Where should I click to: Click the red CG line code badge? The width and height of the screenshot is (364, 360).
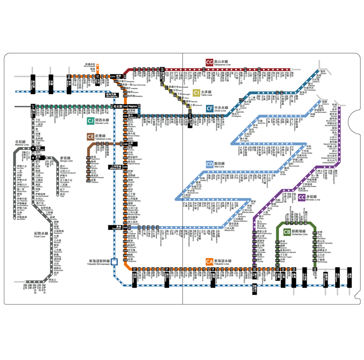[x=210, y=62]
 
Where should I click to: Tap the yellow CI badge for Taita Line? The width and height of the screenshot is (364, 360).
[x=196, y=93]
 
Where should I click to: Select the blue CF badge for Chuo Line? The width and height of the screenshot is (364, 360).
[x=210, y=109]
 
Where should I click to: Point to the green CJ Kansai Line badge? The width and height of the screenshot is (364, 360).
[x=91, y=121]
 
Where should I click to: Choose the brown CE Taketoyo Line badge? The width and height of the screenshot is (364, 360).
[x=91, y=137]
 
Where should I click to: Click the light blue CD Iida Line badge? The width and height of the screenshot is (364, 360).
[x=210, y=164]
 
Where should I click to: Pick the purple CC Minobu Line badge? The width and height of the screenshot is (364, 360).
[x=301, y=197]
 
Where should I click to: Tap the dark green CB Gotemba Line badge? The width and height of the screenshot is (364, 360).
[x=287, y=232]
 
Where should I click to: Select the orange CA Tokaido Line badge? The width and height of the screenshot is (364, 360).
[x=210, y=262]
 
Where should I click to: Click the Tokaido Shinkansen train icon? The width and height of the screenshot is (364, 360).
[x=114, y=262]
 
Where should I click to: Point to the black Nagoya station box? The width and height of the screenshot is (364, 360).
[x=132, y=106]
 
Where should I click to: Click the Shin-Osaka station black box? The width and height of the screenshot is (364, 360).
[x=33, y=84]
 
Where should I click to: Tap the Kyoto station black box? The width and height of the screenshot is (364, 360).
[x=51, y=84]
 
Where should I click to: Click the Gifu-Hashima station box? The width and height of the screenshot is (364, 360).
[x=112, y=95]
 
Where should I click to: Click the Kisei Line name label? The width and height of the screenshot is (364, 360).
[x=41, y=235]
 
